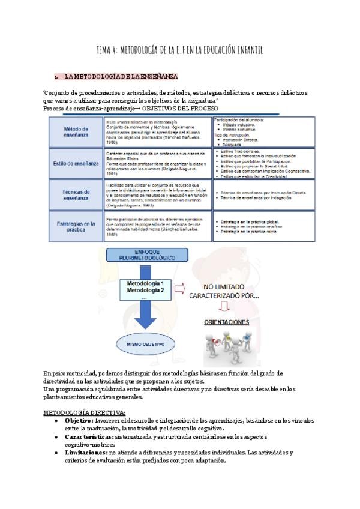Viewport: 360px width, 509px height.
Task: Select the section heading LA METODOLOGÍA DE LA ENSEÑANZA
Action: [x=121, y=77]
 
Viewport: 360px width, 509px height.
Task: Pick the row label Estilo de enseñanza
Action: [x=76, y=162]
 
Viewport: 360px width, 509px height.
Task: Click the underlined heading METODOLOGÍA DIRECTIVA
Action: [x=85, y=412]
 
